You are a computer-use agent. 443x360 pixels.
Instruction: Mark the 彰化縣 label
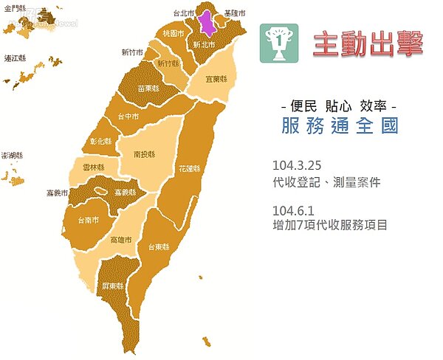pos(100,142)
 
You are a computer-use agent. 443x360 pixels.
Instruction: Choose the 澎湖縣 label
pos(13,156)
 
